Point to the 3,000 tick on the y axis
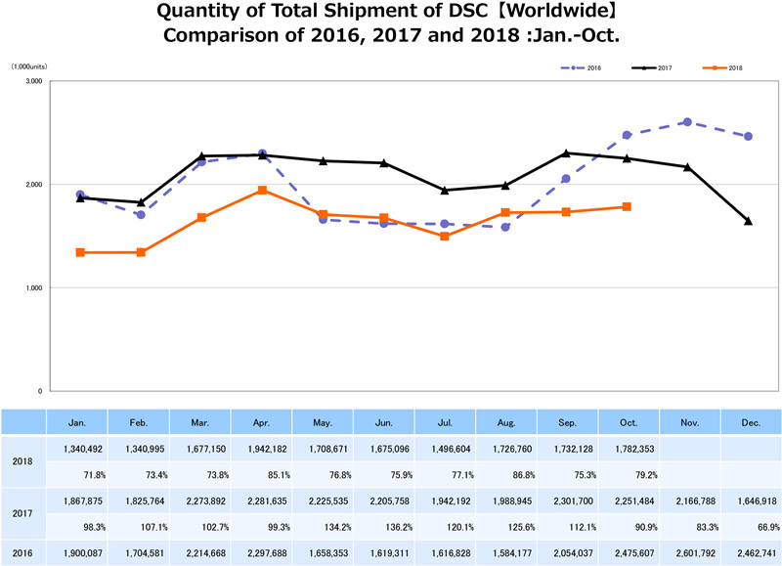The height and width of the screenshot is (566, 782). tap(31, 81)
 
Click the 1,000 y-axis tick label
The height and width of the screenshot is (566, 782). tap(31, 287)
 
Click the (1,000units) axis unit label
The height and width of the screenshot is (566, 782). tap(29, 65)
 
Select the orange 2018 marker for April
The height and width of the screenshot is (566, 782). tap(263, 190)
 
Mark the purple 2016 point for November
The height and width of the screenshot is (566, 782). tap(687, 122)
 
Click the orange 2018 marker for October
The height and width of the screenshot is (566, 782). tap(627, 206)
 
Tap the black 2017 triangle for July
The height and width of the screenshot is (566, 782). tap(445, 191)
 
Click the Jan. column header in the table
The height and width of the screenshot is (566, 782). tap(77, 421)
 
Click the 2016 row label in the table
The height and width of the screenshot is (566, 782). tap(23, 552)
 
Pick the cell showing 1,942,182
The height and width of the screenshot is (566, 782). tap(261, 449)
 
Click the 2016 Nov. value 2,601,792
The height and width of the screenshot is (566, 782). tap(688, 552)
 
